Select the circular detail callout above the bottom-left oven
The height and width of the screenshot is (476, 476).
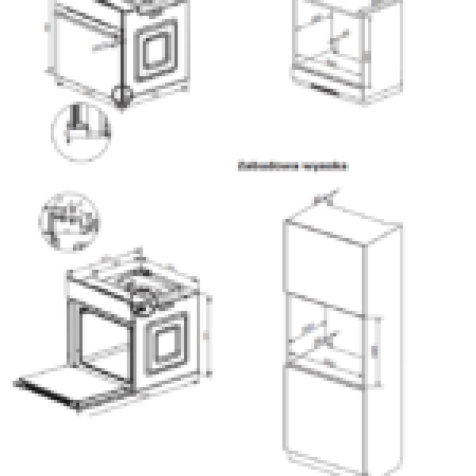67,217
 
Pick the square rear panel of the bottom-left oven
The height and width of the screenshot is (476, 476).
168,343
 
